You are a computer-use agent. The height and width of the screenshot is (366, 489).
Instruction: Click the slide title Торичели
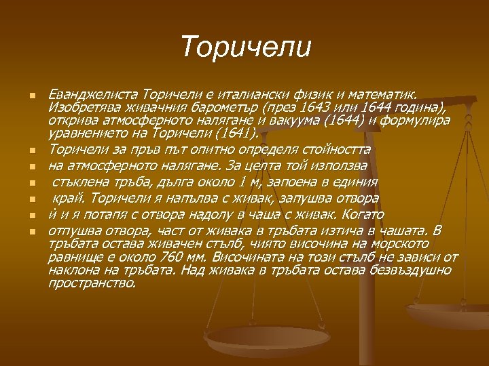pos(246,47)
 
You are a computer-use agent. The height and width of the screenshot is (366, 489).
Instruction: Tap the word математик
pos(389,91)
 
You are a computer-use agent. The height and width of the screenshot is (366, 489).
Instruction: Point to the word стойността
pos(329,148)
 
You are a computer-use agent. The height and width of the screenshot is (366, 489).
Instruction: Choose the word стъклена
pos(77,182)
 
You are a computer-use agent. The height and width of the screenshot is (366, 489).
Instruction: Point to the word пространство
pos(92,282)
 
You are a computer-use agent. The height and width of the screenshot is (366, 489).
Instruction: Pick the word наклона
pos(70,270)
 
